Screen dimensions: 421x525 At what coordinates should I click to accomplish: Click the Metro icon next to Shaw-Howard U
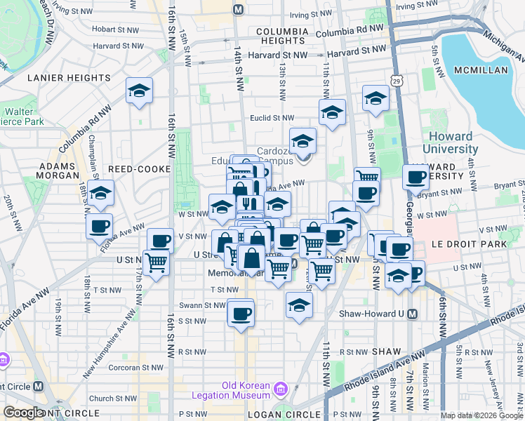click(x=414, y=314)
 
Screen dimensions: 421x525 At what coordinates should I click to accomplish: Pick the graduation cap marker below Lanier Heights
click(x=140, y=91)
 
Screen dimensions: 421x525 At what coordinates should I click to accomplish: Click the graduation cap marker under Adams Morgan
click(x=101, y=194)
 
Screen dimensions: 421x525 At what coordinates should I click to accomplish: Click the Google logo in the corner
click(x=23, y=413)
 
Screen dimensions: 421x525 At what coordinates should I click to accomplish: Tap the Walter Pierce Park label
click(x=23, y=116)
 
